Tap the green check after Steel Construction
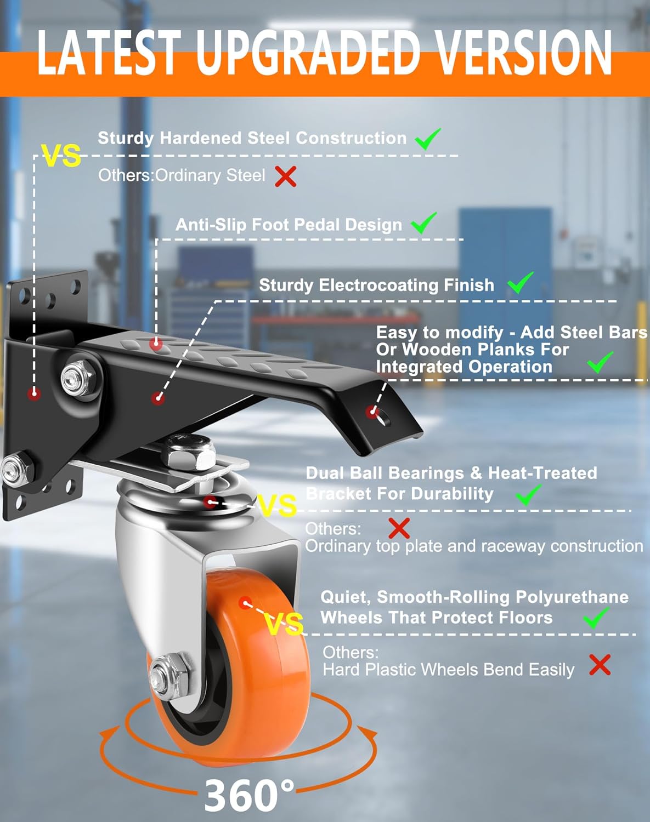pyautogui.click(x=427, y=139)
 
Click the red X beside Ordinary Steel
pyautogui.click(x=285, y=176)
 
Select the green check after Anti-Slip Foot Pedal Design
pyautogui.click(x=423, y=224)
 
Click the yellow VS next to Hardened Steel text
pyautogui.click(x=61, y=156)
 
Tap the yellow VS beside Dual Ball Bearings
pyautogui.click(x=277, y=505)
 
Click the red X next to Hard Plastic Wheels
pyautogui.click(x=600, y=665)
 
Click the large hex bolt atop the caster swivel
pyautogui.click(x=190, y=451)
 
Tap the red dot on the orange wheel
pyautogui.click(x=245, y=602)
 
